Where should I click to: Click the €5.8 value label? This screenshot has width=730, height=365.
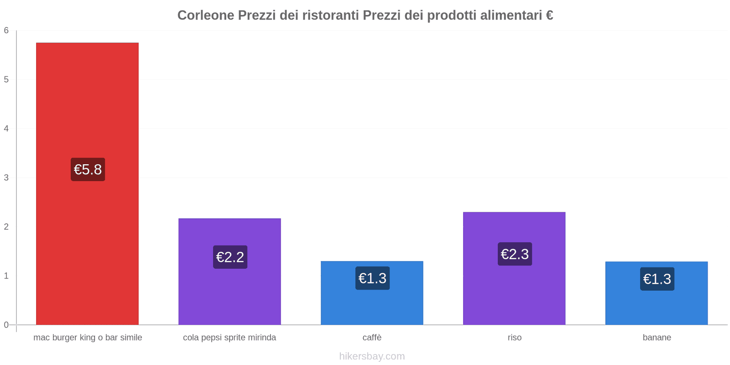[88, 170]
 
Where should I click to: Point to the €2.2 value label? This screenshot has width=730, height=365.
[230, 257]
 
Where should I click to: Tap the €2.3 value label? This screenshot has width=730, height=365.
[515, 254]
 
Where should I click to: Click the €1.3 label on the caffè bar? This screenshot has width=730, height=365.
[372, 278]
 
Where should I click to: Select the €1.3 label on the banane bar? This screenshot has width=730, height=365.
[657, 279]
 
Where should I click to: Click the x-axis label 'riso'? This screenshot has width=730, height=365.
[514, 338]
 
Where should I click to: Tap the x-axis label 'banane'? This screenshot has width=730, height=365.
[657, 338]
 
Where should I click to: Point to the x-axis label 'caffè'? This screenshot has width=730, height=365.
[372, 338]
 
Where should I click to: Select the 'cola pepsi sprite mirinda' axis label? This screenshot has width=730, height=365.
[229, 338]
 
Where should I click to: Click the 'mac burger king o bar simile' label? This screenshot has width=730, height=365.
[88, 338]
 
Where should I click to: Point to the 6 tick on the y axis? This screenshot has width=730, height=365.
[6, 31]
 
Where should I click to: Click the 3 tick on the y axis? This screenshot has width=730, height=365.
[6, 177]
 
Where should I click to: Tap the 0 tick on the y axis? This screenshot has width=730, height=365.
[6, 325]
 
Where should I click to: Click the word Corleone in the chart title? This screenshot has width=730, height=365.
[205, 16]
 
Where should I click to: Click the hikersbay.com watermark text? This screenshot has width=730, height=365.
[372, 356]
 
